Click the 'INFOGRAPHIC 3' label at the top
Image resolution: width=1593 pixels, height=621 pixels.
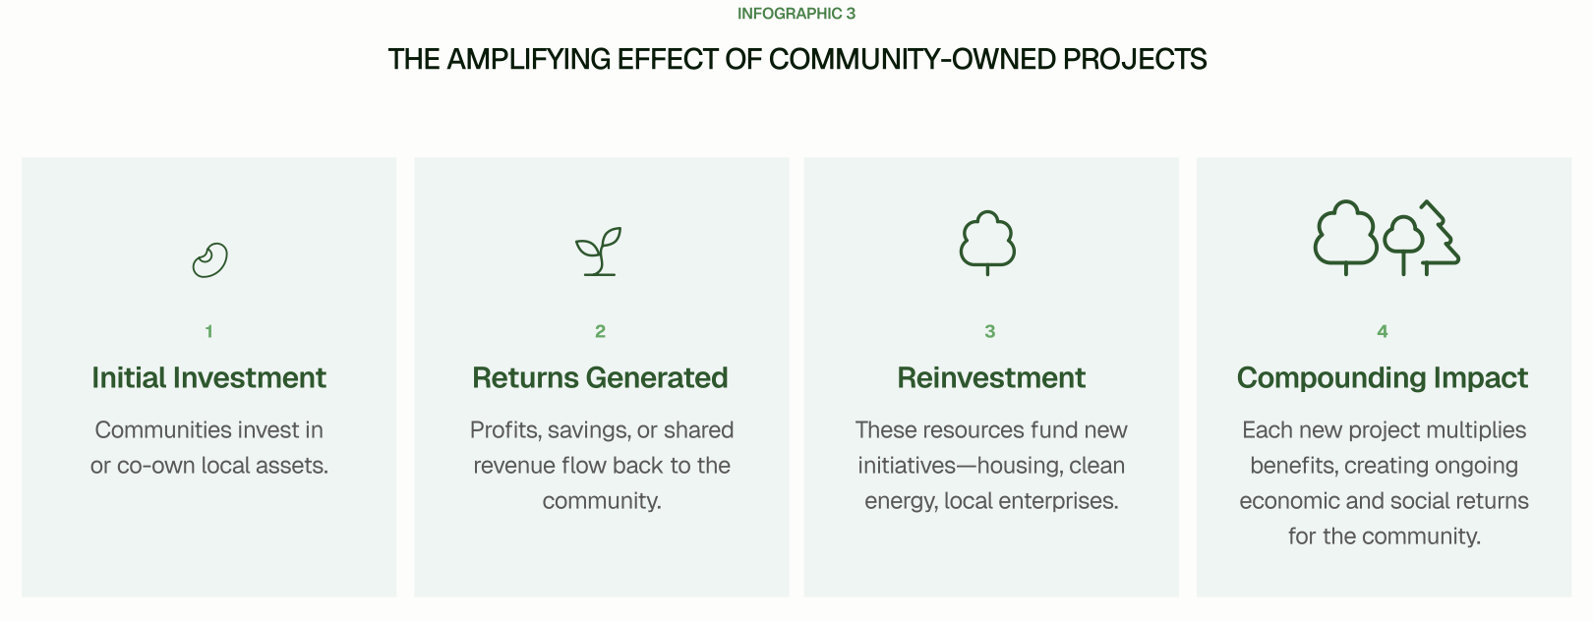(796, 14)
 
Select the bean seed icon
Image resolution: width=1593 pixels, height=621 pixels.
(209, 260)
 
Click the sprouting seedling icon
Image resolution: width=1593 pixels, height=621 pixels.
(599, 252)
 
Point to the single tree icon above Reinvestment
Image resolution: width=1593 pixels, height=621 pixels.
(987, 243)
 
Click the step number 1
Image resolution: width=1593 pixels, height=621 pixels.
(209, 331)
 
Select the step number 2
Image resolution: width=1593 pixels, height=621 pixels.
(600, 331)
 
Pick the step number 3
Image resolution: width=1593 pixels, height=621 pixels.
(990, 331)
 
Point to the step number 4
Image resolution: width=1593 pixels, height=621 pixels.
(1383, 331)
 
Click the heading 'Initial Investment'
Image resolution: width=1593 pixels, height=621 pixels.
(209, 377)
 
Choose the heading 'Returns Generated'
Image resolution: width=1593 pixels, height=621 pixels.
(600, 377)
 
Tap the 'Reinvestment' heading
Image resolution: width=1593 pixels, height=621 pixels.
(991, 377)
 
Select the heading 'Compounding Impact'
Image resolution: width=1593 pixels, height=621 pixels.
(1383, 378)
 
